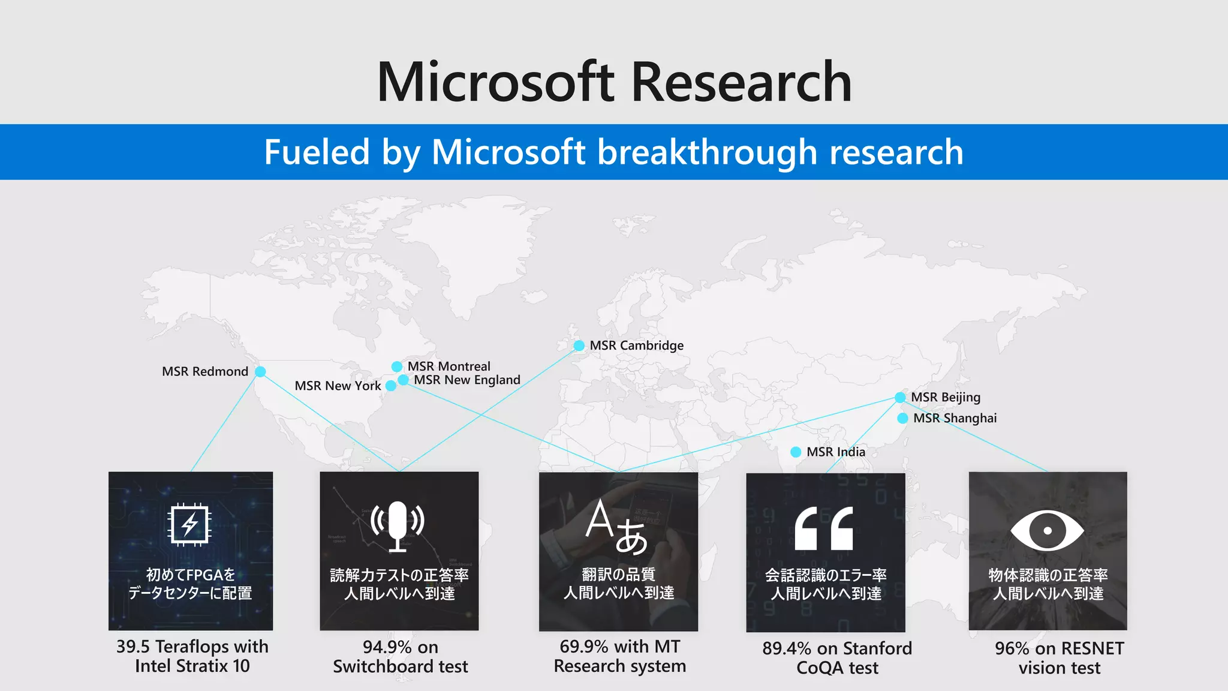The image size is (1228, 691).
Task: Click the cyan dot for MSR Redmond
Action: point(260,372)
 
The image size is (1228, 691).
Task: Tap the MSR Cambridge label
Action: point(636,345)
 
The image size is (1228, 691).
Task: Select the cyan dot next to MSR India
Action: point(796,452)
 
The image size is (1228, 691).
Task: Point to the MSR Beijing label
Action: point(946,397)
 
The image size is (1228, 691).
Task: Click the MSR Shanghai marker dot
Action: point(902,418)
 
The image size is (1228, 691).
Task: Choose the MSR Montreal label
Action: point(449,366)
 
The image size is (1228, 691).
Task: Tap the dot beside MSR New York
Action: point(391,386)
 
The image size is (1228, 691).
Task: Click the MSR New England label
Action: point(466,380)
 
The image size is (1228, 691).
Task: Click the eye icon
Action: point(1047,530)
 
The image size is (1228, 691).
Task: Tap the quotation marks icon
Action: point(824,528)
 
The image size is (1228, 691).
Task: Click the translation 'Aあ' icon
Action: point(617,527)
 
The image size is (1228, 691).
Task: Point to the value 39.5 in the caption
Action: point(133,647)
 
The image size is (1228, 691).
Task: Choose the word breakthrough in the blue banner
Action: point(708,152)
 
